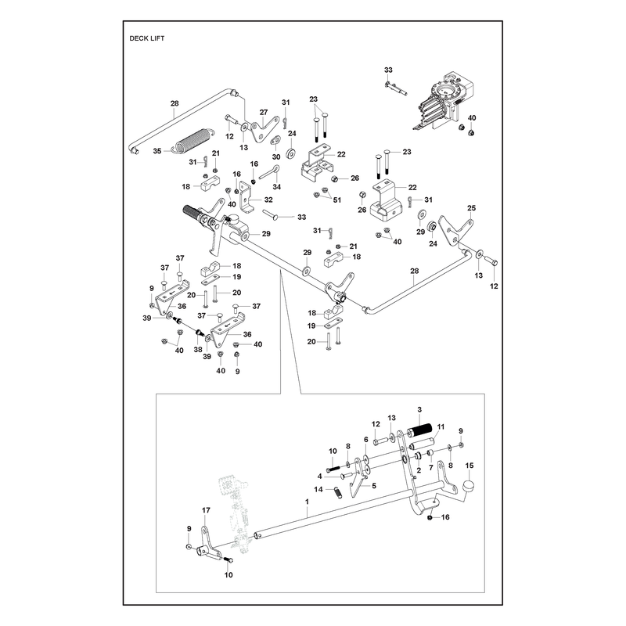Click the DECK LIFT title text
(147, 38)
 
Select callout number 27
(264, 113)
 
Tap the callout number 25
(472, 208)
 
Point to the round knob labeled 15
(469, 487)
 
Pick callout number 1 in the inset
(307, 501)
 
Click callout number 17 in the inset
(206, 510)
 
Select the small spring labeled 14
(339, 492)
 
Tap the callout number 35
(157, 151)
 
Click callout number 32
(268, 200)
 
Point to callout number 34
(277, 187)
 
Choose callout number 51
(337, 200)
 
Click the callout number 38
(198, 350)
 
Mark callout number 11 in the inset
(441, 426)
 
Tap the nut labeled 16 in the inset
(430, 517)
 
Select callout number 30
(276, 157)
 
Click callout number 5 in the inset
(374, 486)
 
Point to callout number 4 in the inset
(320, 477)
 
